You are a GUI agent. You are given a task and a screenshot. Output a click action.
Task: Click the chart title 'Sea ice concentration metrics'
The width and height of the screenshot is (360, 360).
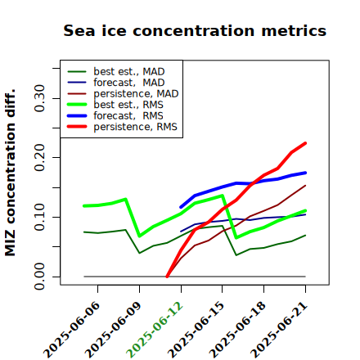pos(195,30)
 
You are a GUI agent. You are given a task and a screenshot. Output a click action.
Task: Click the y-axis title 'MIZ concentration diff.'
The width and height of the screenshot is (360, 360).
pos(10,173)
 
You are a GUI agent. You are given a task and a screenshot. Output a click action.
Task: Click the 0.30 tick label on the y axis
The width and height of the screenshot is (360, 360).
pos(39,98)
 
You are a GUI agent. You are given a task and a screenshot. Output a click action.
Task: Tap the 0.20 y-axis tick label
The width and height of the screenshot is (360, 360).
pos(39,158)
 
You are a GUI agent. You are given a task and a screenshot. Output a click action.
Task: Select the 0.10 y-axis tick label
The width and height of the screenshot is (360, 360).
pos(39,217)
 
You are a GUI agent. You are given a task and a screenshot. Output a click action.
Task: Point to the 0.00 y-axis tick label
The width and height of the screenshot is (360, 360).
pos(39,277)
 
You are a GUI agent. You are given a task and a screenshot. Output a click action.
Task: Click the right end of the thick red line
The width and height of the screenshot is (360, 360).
pos(305,143)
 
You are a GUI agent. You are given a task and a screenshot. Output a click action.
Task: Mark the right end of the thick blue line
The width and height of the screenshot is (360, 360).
pos(305,173)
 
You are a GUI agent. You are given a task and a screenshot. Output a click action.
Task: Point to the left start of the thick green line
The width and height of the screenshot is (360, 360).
pos(84,206)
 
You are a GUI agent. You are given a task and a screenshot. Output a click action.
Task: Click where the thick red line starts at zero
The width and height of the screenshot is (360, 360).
pos(167,277)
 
